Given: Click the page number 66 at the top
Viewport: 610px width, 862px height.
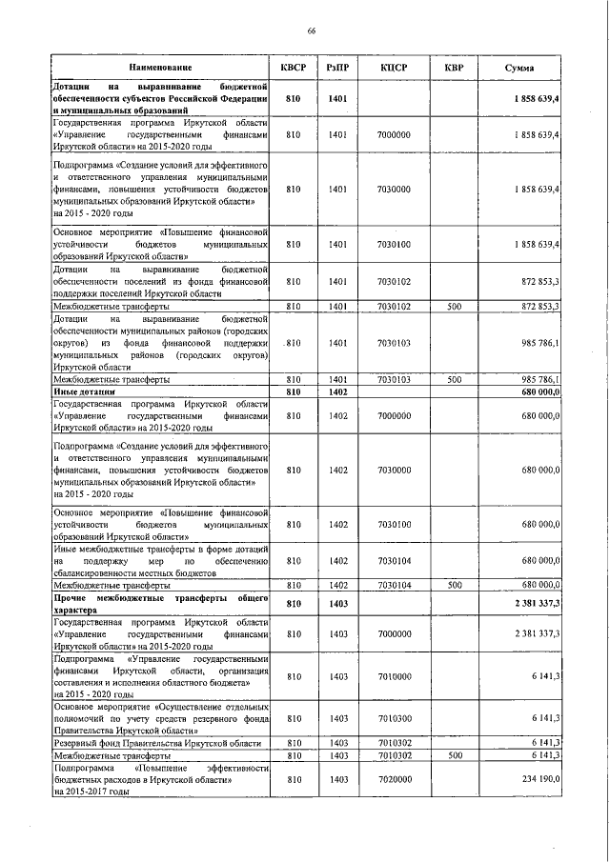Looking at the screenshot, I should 311,31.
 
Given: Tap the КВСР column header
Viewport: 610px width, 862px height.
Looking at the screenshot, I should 293,69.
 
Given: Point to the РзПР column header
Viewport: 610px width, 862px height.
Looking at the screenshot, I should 337,69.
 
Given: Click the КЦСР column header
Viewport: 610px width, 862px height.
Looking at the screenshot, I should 394,69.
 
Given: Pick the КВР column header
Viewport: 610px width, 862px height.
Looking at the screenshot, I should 454,69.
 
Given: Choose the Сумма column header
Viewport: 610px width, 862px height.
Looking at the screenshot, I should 518,69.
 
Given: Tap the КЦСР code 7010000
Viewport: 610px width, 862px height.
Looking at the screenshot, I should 394,674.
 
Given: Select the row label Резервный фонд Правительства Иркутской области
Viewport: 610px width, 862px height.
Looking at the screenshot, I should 157,742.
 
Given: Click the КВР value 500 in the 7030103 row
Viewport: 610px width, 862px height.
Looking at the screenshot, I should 454,379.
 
